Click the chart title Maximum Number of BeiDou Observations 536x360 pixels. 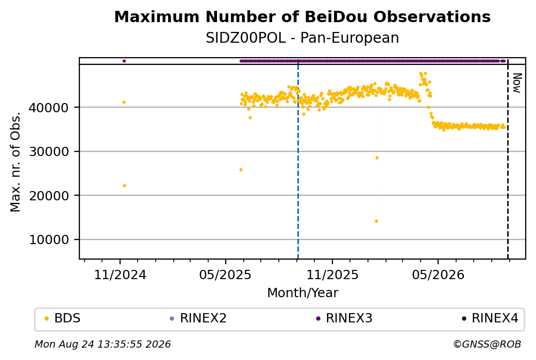pyautogui.click(x=302, y=16)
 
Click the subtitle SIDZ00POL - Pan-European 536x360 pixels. pyautogui.click(x=302, y=38)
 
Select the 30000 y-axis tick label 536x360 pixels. pyautogui.click(x=48, y=151)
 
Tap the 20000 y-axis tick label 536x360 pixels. pyautogui.click(x=48, y=196)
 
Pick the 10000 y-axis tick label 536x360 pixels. pyautogui.click(x=48, y=240)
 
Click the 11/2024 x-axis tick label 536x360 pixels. pyautogui.click(x=120, y=275)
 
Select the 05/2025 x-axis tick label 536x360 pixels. pyautogui.click(x=225, y=275)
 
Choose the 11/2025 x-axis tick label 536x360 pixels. pyautogui.click(x=332, y=275)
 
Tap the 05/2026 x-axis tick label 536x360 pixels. pyautogui.click(x=438, y=275)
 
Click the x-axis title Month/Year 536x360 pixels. pyautogui.click(x=303, y=293)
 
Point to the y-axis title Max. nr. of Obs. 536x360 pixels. pyautogui.click(x=15, y=162)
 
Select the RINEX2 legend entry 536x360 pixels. pyautogui.click(x=198, y=318)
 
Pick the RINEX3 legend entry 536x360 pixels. pyautogui.click(x=344, y=318)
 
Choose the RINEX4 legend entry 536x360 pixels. pyautogui.click(x=490, y=318)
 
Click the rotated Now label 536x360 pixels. pyautogui.click(x=517, y=83)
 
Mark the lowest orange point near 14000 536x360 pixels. pyautogui.click(x=376, y=221)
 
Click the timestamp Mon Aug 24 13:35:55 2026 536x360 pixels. pyautogui.click(x=103, y=344)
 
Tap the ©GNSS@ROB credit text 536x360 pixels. pyautogui.click(x=487, y=344)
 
